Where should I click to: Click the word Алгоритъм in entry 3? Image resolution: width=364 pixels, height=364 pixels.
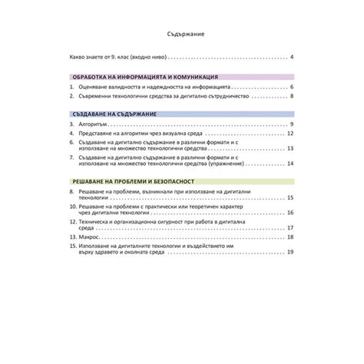[x=95, y=124]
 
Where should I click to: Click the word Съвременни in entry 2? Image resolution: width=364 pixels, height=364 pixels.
[x=98, y=97]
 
